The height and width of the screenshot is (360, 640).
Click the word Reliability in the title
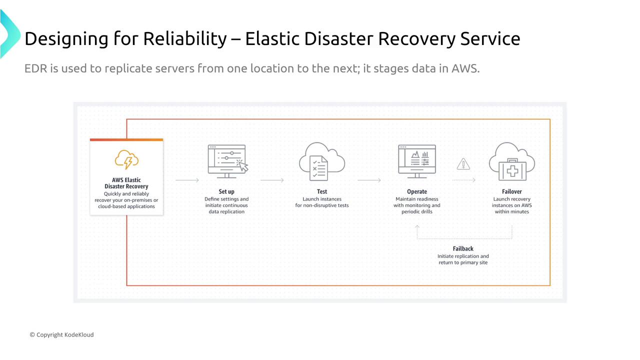coord(184,38)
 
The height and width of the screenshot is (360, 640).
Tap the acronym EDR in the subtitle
coord(35,68)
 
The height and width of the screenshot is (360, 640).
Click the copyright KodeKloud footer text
coord(61,334)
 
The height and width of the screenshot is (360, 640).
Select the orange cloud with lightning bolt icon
coord(126,159)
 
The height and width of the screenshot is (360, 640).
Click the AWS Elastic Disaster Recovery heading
coord(126,183)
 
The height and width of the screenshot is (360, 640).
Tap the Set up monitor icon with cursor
coord(227,161)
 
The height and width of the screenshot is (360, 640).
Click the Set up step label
coord(226,191)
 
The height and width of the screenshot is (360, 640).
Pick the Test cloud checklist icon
coord(321,161)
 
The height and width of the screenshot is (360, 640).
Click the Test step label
coord(322,191)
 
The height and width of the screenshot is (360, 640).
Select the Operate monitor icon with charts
coord(417,161)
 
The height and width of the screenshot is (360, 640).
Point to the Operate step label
coord(417,191)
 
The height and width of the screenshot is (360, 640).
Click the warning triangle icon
coord(463,164)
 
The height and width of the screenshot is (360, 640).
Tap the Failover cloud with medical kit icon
coord(512,161)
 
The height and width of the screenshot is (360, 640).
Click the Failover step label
coord(512,191)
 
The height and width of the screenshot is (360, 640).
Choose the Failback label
coord(463,248)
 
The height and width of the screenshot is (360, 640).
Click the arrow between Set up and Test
coord(272,180)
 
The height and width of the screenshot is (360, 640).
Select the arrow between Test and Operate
coord(369,180)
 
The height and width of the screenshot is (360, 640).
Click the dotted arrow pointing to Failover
coord(463,180)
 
